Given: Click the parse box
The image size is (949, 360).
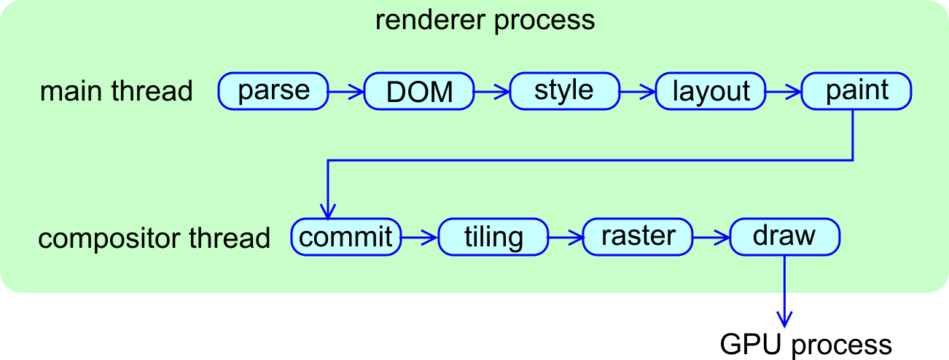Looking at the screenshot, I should (x=273, y=91).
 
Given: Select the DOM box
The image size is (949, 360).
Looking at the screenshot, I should (x=419, y=92).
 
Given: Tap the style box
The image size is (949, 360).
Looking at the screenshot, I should (x=564, y=91).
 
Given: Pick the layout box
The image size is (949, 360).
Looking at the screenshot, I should (x=711, y=92).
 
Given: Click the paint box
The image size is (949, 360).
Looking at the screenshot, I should (x=856, y=91).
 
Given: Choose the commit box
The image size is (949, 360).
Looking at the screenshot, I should (x=346, y=237).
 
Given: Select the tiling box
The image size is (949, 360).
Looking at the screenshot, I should (x=493, y=238).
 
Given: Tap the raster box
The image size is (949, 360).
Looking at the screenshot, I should (x=638, y=237).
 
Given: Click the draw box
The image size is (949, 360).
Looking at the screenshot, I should (x=785, y=237).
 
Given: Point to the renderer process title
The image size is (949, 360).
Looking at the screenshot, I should (x=485, y=20).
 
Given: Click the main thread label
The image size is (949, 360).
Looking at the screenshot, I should (x=116, y=92).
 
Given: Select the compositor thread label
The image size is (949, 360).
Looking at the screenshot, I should (x=154, y=238).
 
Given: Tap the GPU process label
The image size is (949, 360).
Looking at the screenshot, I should (x=805, y=344).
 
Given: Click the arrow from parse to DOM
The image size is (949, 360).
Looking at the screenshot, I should (x=346, y=92).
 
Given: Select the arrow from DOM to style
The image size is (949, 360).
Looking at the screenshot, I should (x=492, y=92).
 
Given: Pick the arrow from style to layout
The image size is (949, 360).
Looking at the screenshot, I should (x=638, y=92).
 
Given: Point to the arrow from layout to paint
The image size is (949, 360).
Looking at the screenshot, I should (x=784, y=92).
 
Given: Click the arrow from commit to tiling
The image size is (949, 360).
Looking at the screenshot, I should (x=420, y=237).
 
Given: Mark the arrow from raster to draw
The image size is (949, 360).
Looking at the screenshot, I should (x=712, y=237).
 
